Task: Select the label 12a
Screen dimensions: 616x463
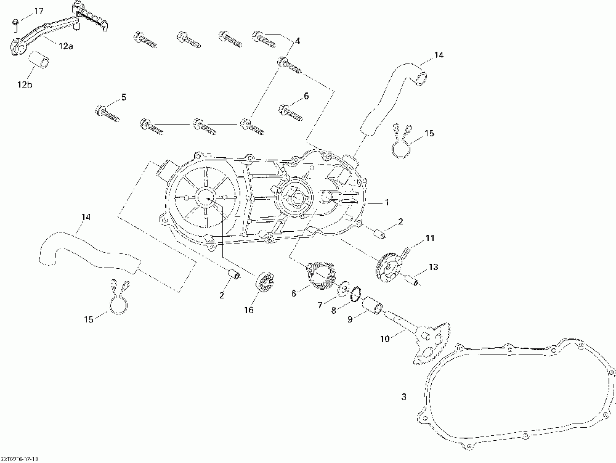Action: (x=66, y=45)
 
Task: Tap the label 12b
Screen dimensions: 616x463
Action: (x=24, y=84)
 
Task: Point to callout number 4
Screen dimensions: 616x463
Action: (x=298, y=41)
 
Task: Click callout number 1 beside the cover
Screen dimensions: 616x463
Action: (x=386, y=202)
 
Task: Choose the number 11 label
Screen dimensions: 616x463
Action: (x=429, y=237)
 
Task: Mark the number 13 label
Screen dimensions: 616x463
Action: (x=434, y=267)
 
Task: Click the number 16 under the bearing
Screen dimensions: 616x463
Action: (x=249, y=310)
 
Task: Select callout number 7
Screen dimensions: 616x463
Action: (x=319, y=305)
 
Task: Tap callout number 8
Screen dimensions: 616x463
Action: (x=333, y=311)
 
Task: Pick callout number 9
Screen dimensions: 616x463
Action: (x=349, y=319)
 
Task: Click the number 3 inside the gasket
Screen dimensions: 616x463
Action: (x=404, y=398)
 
